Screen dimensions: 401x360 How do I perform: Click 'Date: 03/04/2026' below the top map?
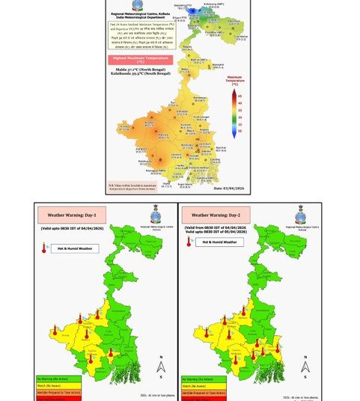tap(229, 189)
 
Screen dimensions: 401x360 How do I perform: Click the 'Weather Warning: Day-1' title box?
tap(69, 216)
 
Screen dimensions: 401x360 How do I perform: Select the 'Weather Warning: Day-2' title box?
tap(213, 216)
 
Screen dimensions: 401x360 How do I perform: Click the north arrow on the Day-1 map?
tap(160, 366)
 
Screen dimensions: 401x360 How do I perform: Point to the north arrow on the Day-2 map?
tap(305, 366)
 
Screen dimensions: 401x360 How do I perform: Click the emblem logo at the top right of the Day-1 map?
tap(155, 212)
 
